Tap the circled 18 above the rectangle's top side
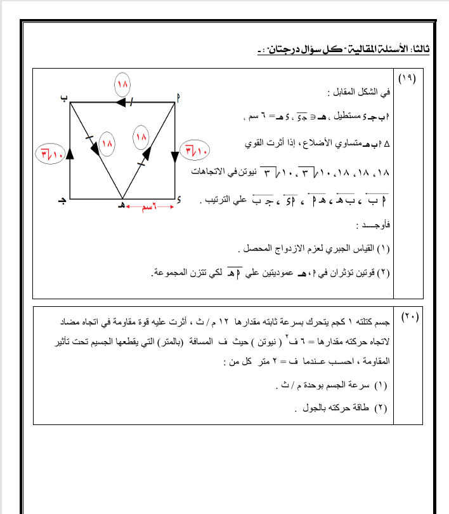tap(122, 84)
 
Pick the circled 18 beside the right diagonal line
tap(140, 136)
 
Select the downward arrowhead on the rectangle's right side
tap(175, 155)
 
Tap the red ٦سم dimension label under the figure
tap(148, 207)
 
